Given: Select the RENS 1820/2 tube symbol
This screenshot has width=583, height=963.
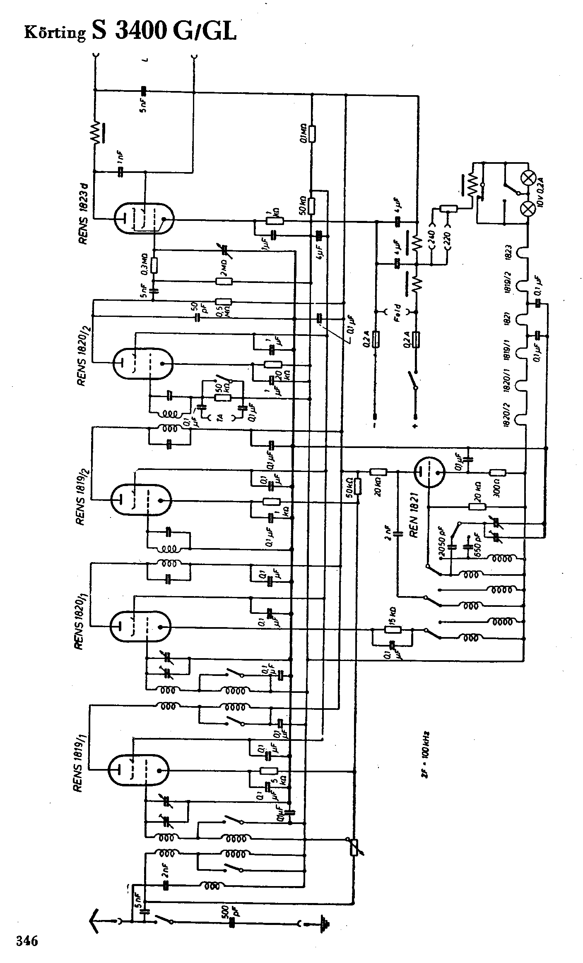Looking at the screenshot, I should coord(142,364).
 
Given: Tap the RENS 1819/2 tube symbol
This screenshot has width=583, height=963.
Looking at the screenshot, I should coord(140,500).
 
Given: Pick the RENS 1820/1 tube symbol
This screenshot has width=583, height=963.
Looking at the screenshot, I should coord(140,626).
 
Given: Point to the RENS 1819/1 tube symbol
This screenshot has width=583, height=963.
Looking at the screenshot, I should coord(139,769).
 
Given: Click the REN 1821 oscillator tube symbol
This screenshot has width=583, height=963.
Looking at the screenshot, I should coord(429,472).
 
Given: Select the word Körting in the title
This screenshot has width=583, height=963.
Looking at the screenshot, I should coord(55,33).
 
